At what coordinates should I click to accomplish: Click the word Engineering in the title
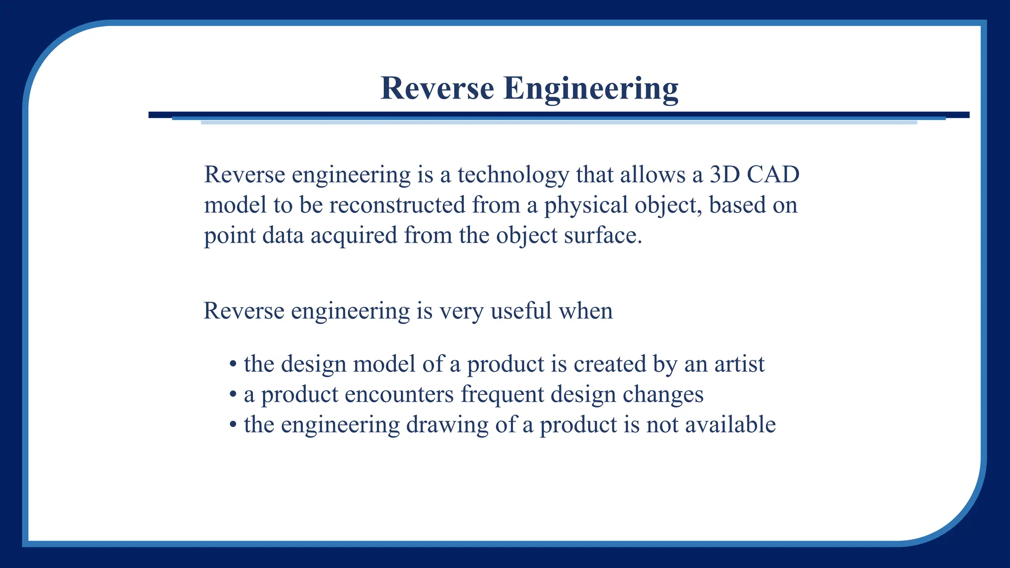pyautogui.click(x=590, y=89)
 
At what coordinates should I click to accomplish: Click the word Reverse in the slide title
pyautogui.click(x=437, y=89)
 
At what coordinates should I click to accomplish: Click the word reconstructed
pyautogui.click(x=397, y=205)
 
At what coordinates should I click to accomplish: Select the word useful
pyautogui.click(x=521, y=311)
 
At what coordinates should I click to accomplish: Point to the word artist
pyautogui.click(x=739, y=364)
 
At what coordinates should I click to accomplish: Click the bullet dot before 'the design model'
pyautogui.click(x=233, y=365)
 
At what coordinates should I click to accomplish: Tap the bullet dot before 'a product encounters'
pyautogui.click(x=233, y=395)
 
